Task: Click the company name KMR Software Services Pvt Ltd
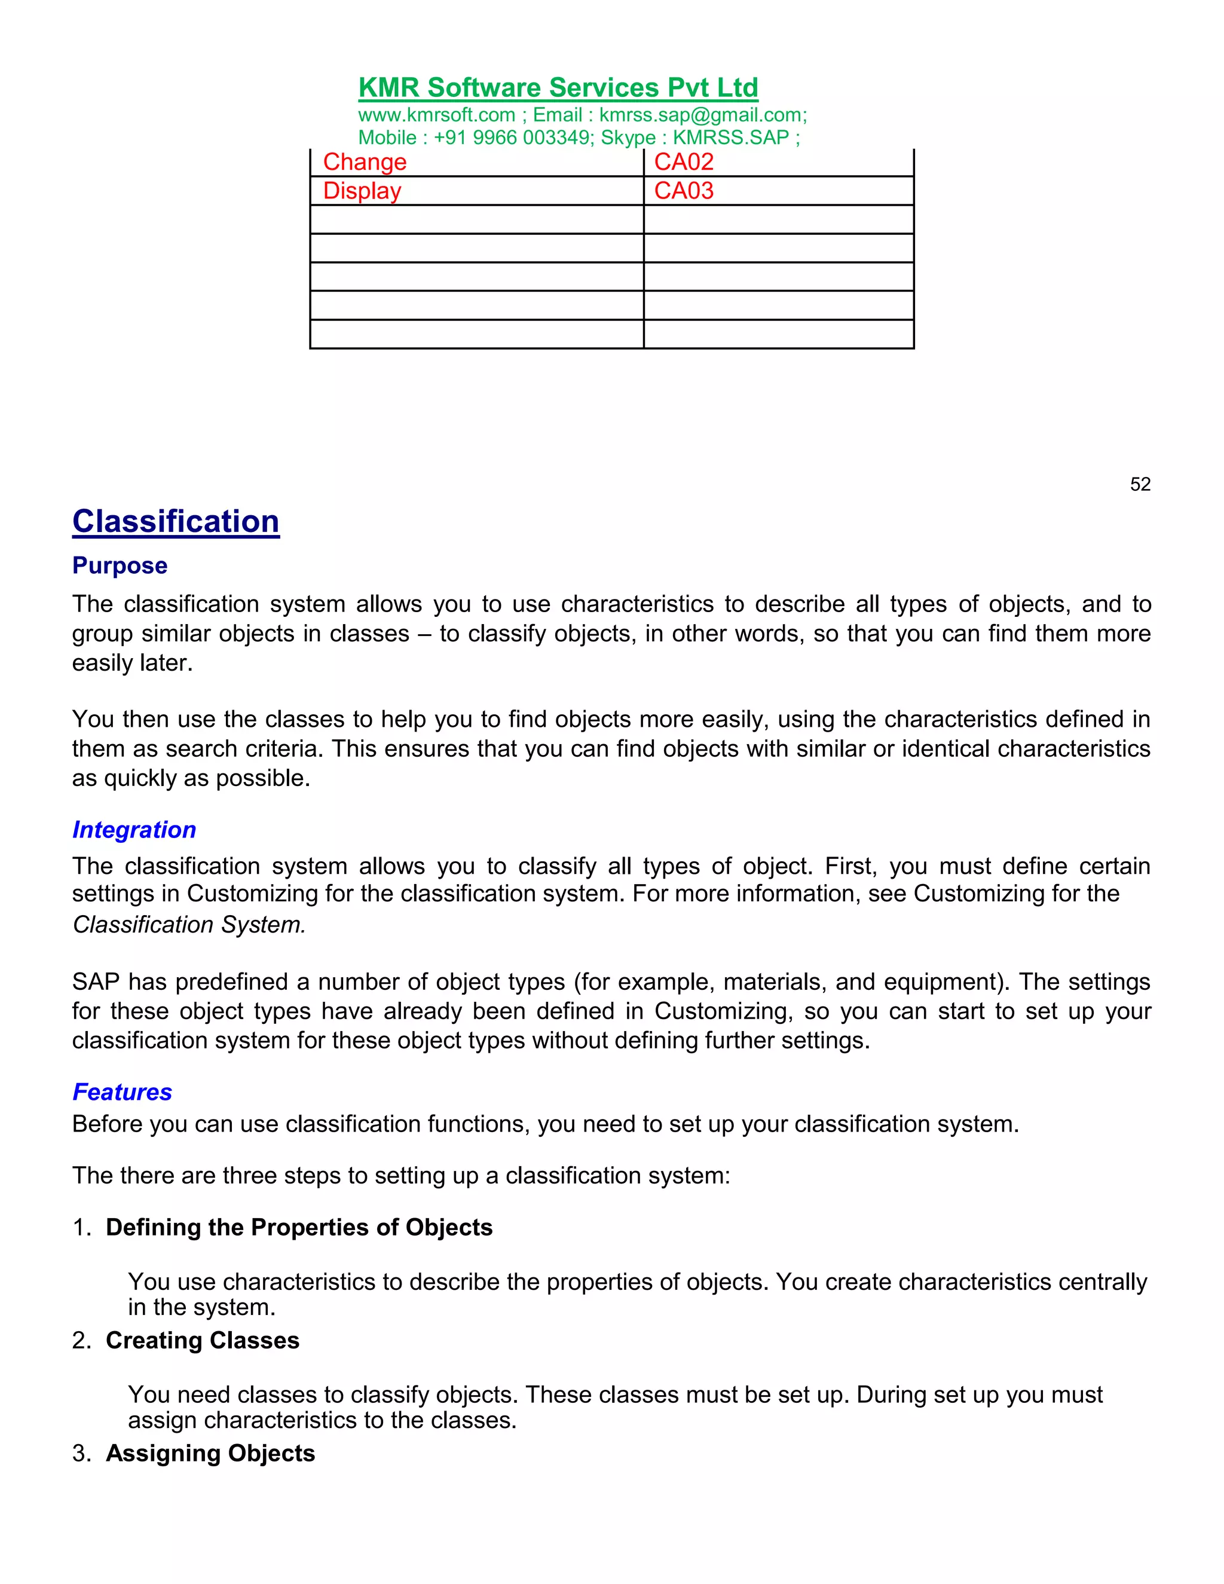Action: (558, 88)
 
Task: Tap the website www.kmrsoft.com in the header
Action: (436, 115)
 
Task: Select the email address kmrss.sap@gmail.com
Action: (701, 115)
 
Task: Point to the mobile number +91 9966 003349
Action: (513, 138)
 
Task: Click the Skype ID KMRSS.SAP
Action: (730, 138)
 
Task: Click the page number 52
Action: (1140, 485)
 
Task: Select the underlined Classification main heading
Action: (176, 521)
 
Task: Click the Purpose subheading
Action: (120, 565)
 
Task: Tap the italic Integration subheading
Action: (134, 830)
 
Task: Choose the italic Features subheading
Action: (122, 1092)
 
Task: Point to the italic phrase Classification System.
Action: (188, 925)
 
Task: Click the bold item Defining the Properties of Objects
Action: (299, 1227)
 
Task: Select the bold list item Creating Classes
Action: (203, 1340)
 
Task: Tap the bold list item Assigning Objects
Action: (210, 1454)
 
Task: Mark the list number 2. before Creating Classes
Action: (81, 1340)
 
